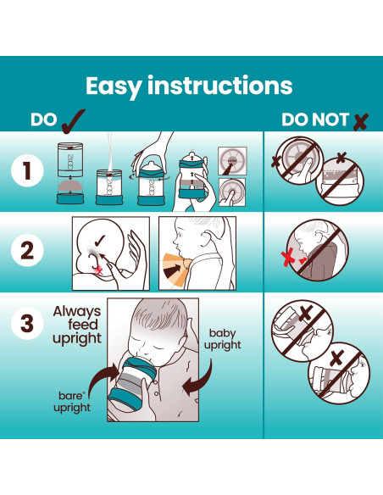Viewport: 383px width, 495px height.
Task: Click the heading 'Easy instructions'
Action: (189, 86)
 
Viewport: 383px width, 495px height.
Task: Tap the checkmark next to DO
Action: (73, 121)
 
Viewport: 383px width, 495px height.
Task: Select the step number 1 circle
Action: (27, 170)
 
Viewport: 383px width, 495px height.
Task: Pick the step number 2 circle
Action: (27, 251)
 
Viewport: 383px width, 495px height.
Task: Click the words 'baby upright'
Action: (222, 339)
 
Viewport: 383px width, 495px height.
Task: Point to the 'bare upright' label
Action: (72, 402)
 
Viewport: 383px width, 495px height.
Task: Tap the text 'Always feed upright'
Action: (77, 325)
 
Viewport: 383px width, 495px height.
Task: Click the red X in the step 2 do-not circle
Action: (288, 259)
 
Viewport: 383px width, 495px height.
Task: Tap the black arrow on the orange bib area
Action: (175, 270)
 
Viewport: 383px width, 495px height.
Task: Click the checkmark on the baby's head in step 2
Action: (100, 242)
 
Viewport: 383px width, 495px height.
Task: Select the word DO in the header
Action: (44, 120)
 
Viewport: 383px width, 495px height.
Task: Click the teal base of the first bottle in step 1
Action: (70, 199)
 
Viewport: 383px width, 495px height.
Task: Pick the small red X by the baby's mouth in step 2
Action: (100, 271)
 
